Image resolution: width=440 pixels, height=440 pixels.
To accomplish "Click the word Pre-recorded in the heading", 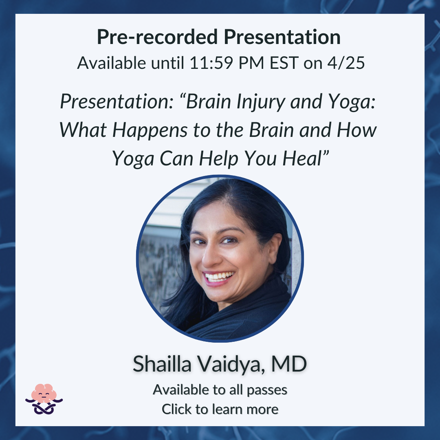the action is click(157, 37).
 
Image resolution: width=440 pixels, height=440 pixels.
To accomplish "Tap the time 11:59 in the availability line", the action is click(211, 63).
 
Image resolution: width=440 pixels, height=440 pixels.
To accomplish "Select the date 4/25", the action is click(346, 63).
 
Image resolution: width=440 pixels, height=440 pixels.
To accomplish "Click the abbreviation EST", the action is click(284, 63).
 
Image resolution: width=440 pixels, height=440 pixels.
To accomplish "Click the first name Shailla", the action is click(162, 364).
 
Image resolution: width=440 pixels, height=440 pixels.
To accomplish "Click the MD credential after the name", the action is click(289, 364).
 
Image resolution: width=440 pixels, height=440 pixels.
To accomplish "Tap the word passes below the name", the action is click(267, 390).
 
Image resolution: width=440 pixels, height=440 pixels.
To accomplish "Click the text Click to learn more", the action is click(220, 409).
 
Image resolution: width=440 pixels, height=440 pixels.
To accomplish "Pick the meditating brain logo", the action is click(44, 399).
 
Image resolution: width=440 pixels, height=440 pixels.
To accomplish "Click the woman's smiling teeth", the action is click(219, 276).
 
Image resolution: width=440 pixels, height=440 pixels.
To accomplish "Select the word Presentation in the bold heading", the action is click(282, 37).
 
